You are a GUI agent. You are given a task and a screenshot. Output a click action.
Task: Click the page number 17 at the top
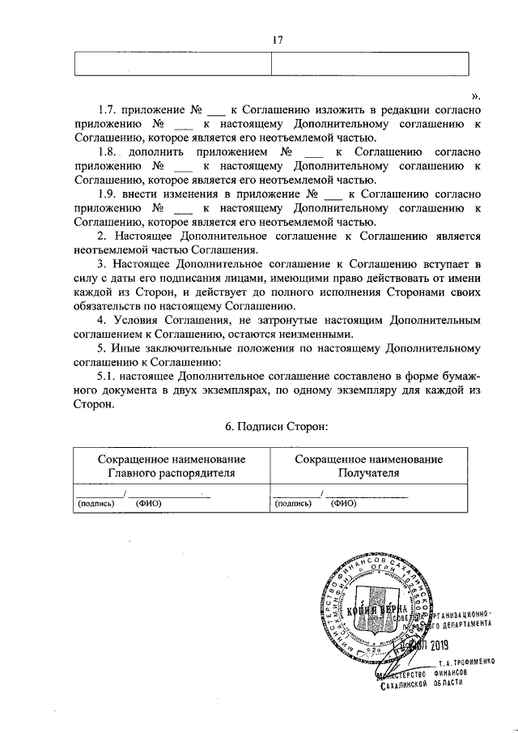tap(277, 39)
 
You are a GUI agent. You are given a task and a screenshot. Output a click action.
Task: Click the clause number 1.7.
tap(107, 109)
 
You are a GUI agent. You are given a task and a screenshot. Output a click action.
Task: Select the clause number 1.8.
tap(107, 151)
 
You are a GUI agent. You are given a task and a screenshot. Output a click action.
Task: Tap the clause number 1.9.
tap(107, 194)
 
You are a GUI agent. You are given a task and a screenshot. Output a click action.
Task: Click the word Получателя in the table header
tap(369, 473)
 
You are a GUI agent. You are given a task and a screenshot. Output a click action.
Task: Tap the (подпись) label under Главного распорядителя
tap(96, 502)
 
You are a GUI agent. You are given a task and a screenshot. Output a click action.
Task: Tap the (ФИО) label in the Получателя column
tap(344, 502)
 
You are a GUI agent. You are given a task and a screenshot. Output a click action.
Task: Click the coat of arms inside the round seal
tap(375, 607)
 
